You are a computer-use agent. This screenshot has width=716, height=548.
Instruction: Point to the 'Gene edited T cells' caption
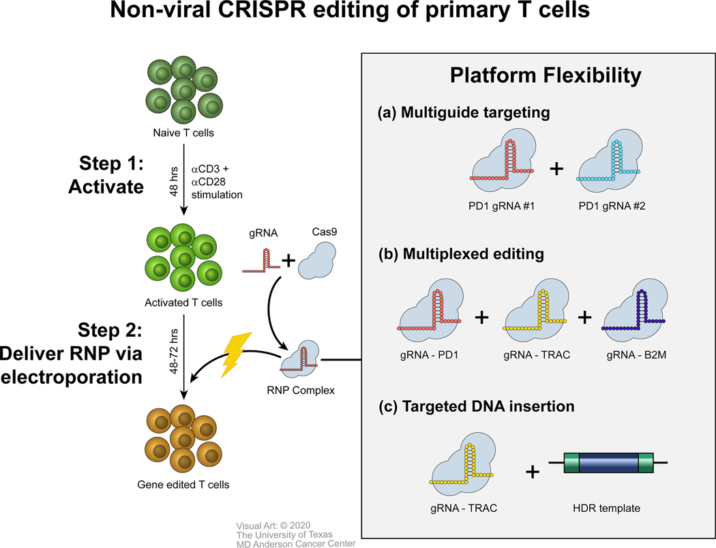click(x=183, y=485)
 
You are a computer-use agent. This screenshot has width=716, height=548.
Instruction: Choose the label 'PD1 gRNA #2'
click(x=609, y=206)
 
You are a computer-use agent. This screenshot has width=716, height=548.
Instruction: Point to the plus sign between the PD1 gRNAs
click(x=556, y=168)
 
